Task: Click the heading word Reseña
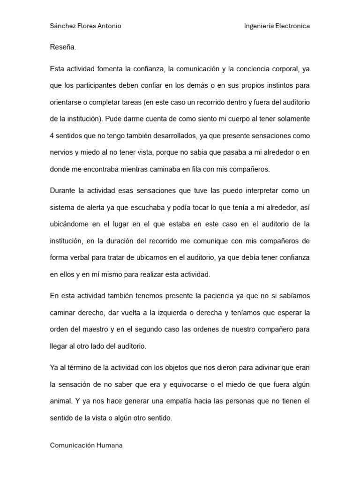point(62,47)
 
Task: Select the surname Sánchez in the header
point(63,26)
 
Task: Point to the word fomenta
point(107,69)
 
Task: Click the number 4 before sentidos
point(52,136)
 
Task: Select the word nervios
point(61,153)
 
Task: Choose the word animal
point(61,402)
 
